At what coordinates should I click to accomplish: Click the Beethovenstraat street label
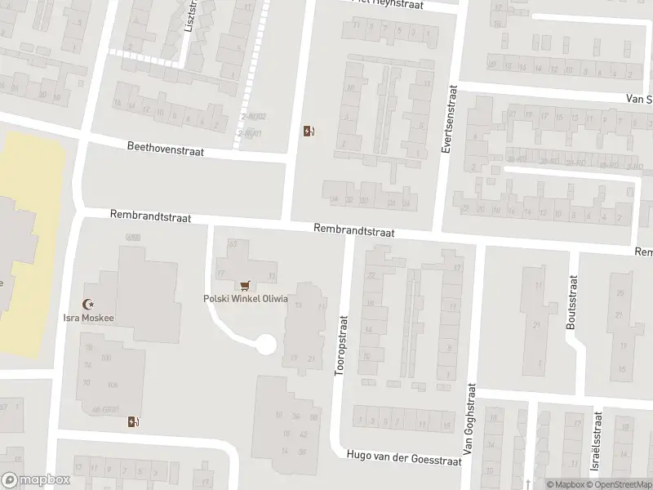coord(165,149)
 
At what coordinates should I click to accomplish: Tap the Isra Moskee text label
coord(91,318)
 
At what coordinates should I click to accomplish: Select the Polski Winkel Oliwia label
coord(246,298)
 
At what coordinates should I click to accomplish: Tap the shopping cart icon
coord(245,286)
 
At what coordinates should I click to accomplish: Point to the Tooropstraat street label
coord(341,346)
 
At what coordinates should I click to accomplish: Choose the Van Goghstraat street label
coord(469,426)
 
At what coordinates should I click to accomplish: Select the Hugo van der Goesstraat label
coord(404,457)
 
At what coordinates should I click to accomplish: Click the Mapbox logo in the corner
coord(34,480)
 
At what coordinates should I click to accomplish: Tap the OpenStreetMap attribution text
coord(617,483)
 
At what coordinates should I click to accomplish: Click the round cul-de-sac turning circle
coord(265,345)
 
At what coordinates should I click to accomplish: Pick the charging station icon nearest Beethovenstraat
coord(309,131)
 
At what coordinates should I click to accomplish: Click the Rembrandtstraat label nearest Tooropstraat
coord(354,232)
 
